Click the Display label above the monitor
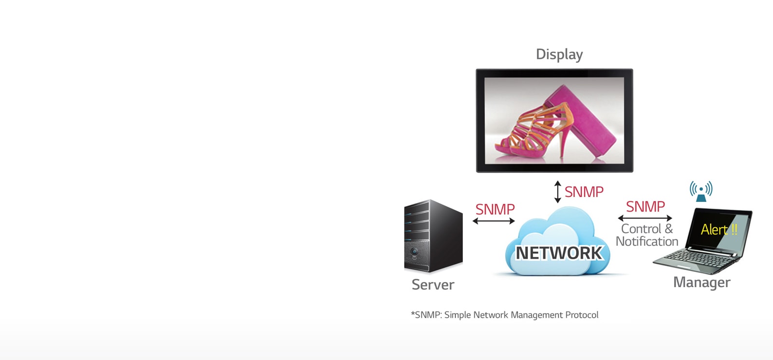tap(559, 54)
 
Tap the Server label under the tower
tap(433, 285)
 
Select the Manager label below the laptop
tap(701, 282)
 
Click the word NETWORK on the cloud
tap(559, 253)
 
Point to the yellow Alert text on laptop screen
tap(718, 229)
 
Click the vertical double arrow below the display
tap(558, 192)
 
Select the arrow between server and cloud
tap(493, 221)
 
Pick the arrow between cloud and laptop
tap(644, 218)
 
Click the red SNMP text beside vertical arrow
tap(584, 192)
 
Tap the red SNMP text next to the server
tap(495, 209)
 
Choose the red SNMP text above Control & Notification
tap(645, 206)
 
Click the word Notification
tap(646, 241)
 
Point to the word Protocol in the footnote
tap(582, 315)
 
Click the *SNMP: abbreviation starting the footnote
tap(426, 315)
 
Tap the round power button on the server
tap(414, 252)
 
